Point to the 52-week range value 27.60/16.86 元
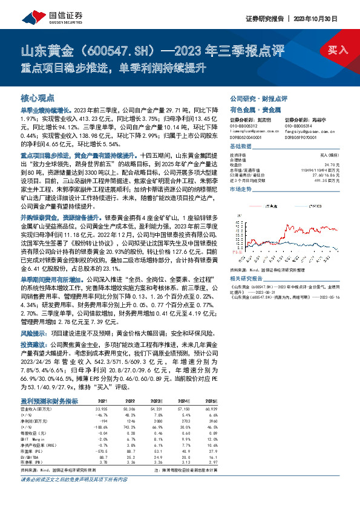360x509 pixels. pyautogui.click(x=319, y=175)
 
